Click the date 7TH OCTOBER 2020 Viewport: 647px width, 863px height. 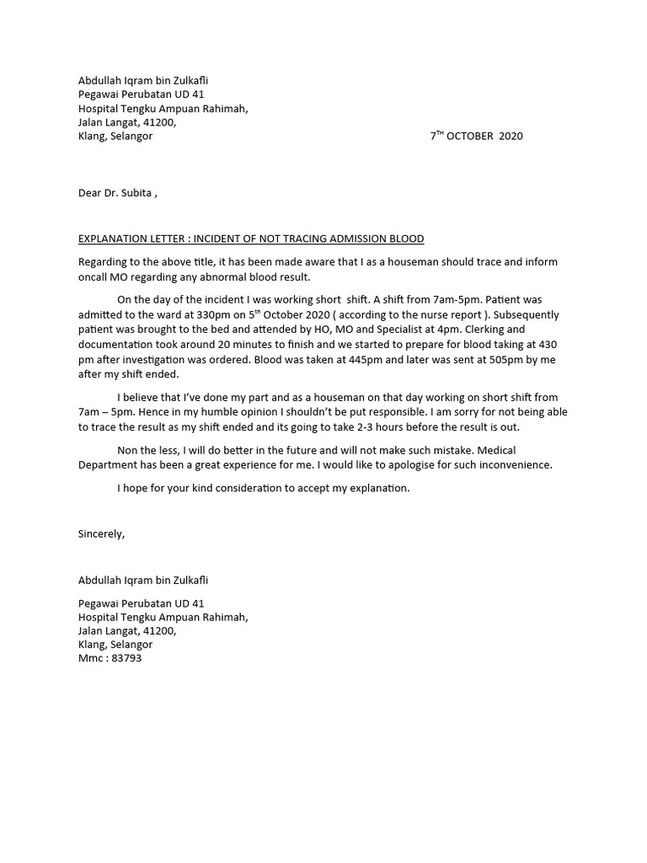click(x=476, y=136)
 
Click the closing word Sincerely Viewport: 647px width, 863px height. click(x=101, y=533)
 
